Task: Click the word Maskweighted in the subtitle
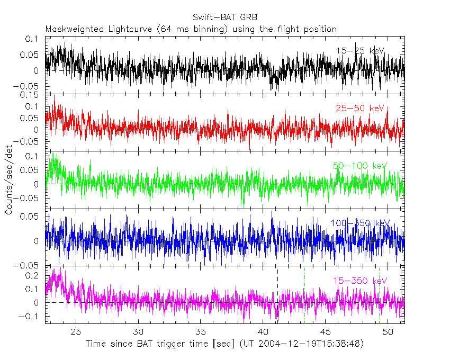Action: coord(71,29)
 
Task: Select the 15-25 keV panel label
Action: coord(360,51)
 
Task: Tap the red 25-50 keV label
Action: coord(360,109)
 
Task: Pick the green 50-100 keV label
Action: coord(360,166)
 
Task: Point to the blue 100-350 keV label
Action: coord(360,223)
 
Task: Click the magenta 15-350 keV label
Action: coord(360,281)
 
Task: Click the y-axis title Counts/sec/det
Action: coord(10,181)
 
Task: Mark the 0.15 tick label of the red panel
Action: coord(32,95)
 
